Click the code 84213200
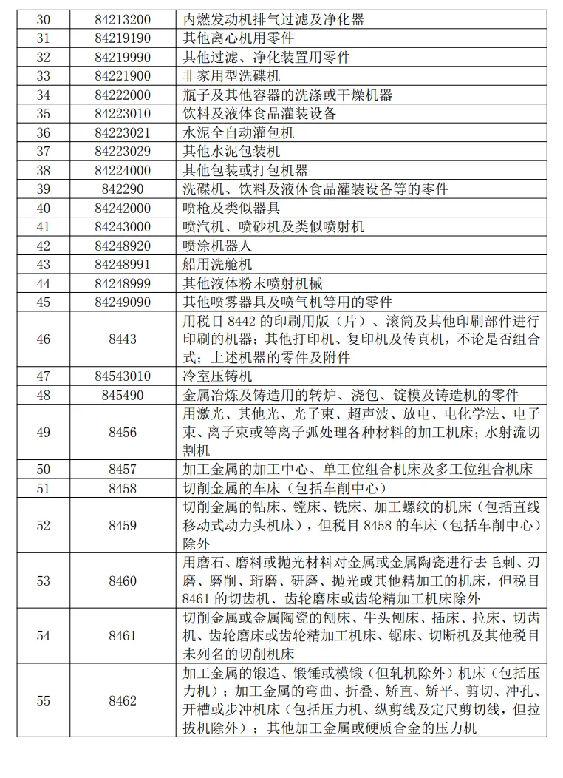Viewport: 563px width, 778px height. click(122, 19)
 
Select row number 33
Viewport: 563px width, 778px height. click(43, 76)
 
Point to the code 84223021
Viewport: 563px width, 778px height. click(122, 133)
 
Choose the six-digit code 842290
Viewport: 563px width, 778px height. click(122, 189)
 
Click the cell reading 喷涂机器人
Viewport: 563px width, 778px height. click(217, 246)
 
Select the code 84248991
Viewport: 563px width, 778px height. click(122, 265)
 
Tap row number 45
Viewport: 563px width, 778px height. click(43, 302)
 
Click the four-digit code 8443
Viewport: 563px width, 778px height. click(122, 339)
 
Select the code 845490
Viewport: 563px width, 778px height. click(122, 396)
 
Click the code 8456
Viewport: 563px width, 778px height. click(122, 433)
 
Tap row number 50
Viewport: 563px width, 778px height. click(43, 470)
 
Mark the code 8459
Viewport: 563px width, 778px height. click(122, 525)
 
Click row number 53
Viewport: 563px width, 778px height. click(43, 581)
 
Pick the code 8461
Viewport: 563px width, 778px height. click(122, 636)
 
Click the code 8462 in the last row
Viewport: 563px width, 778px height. click(122, 700)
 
